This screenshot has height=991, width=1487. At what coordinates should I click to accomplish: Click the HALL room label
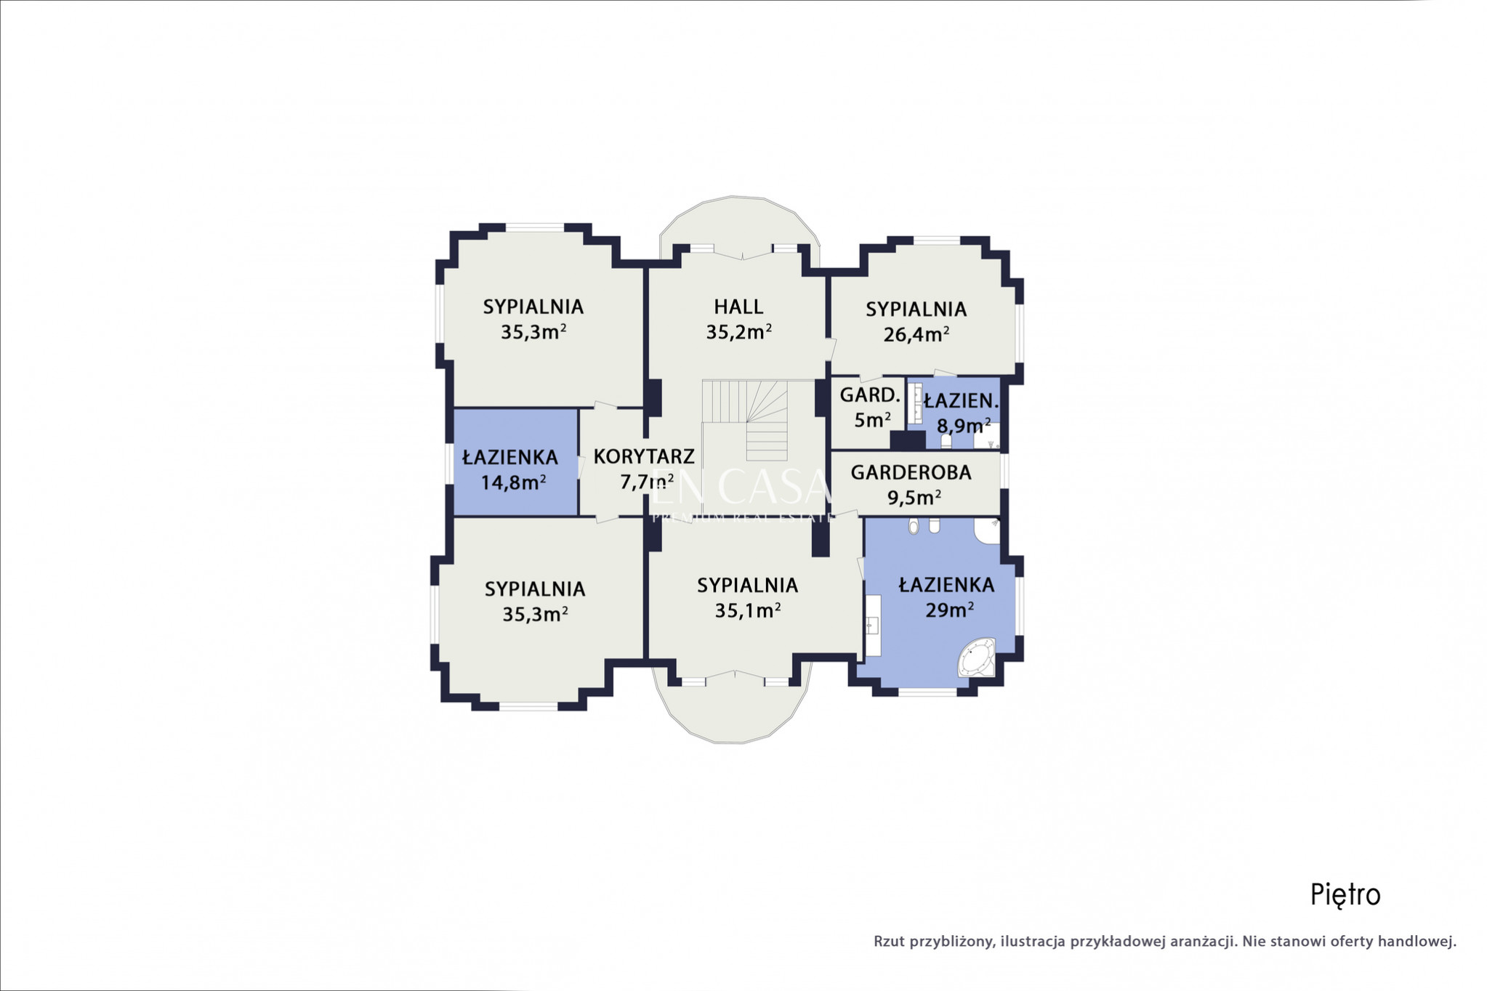[x=738, y=307]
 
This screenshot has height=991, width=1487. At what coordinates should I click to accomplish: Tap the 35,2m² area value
[x=738, y=332]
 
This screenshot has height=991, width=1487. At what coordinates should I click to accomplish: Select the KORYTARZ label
[x=644, y=457]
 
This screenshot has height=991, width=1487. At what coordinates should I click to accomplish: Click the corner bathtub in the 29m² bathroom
[x=977, y=657]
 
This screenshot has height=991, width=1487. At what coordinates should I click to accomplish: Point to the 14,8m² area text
[x=513, y=482]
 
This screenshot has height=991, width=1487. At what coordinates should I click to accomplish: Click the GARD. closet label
[x=870, y=395]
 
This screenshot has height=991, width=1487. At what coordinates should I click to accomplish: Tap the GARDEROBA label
[x=911, y=472]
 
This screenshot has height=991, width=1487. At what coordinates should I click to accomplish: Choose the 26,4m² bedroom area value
[x=916, y=334]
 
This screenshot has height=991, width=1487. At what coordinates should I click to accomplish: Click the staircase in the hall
[x=745, y=420]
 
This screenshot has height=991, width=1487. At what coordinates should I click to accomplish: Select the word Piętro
[x=1345, y=895]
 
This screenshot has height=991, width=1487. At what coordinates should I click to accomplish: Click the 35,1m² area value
[x=747, y=610]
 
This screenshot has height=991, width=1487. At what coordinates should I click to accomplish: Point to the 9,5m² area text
[x=914, y=498]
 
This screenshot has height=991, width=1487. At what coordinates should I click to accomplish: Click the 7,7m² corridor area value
[x=646, y=482]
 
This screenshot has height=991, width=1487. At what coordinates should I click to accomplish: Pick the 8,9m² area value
[x=964, y=425]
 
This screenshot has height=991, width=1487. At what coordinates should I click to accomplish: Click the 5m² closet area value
[x=872, y=420]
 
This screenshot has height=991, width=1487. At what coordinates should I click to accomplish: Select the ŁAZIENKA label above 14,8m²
[x=510, y=458]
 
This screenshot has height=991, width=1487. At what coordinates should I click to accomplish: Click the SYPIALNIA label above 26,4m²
[x=916, y=310]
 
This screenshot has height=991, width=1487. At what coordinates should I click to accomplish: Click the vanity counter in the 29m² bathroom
[x=872, y=626]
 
